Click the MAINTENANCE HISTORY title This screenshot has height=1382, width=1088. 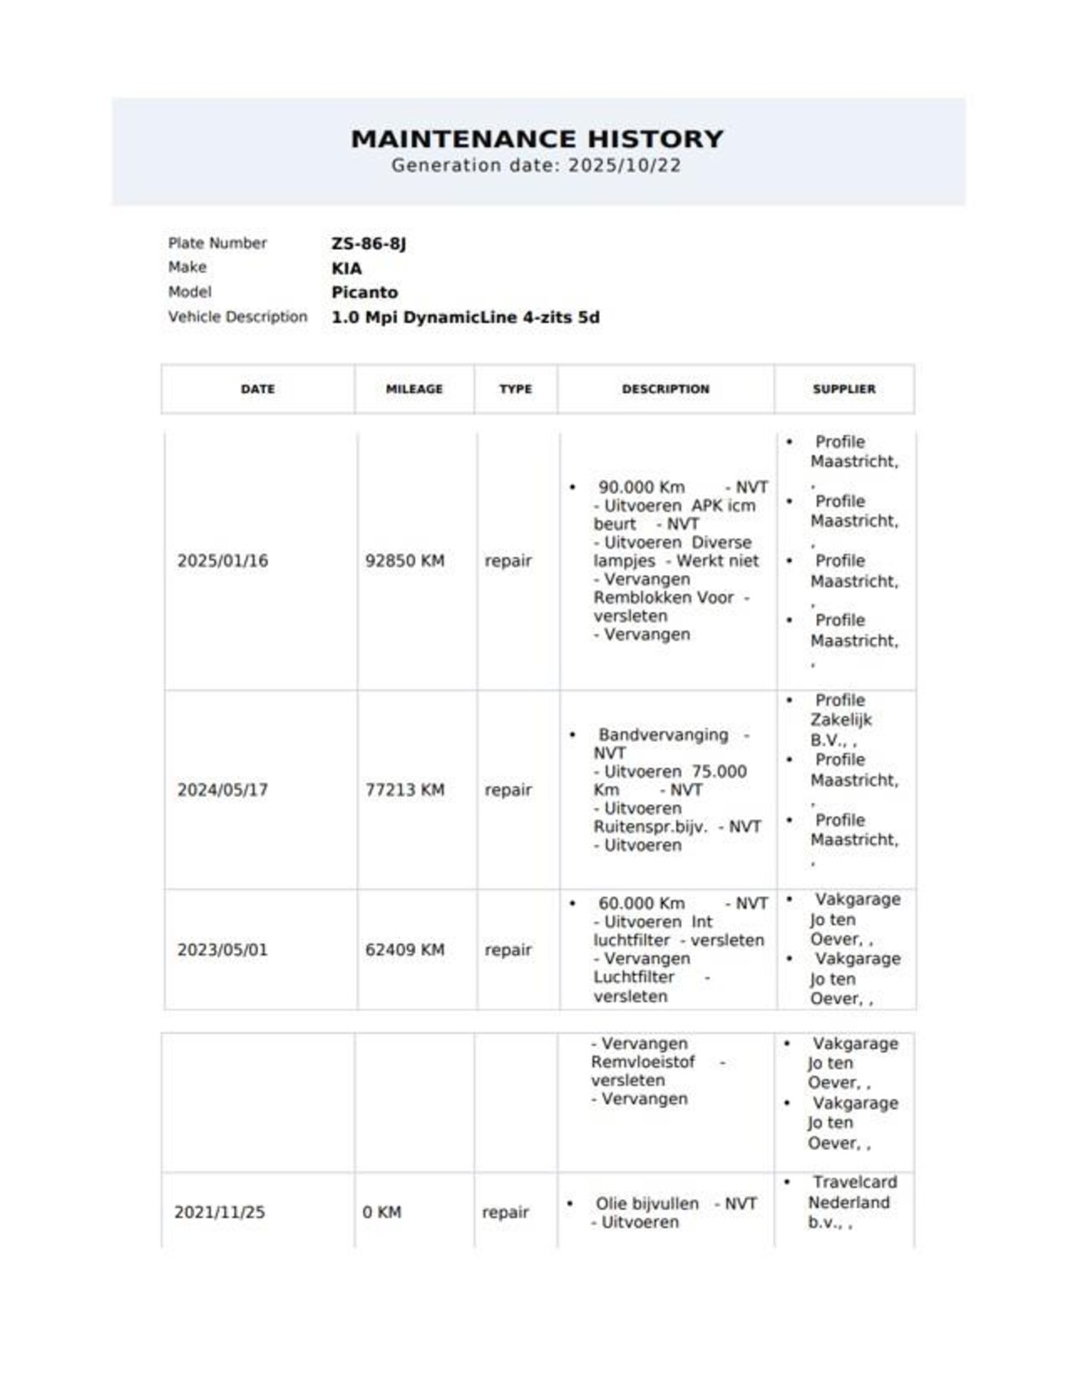tap(537, 138)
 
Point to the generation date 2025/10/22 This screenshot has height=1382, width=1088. tap(625, 166)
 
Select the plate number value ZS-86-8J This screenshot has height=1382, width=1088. tap(369, 244)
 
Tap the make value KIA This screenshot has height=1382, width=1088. tap(347, 268)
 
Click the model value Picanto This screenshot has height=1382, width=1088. tap(365, 292)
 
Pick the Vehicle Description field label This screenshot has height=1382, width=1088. tap(237, 317)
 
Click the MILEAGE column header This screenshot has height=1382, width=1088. tap(414, 389)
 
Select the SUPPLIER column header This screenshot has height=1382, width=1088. tap(844, 389)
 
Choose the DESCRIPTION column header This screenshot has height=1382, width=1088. tap(666, 389)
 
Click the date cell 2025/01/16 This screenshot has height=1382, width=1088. tap(223, 561)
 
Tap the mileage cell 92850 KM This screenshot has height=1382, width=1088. tap(405, 561)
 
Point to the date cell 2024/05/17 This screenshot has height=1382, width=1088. tap(223, 790)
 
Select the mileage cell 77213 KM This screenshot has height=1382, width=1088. tap(405, 790)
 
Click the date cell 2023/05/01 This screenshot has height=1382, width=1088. tap(223, 950)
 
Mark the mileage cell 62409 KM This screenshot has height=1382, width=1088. tap(405, 950)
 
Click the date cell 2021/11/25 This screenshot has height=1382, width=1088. tap(219, 1212)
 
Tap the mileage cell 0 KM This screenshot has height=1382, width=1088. tap(382, 1212)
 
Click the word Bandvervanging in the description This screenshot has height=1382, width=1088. tap(663, 735)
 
